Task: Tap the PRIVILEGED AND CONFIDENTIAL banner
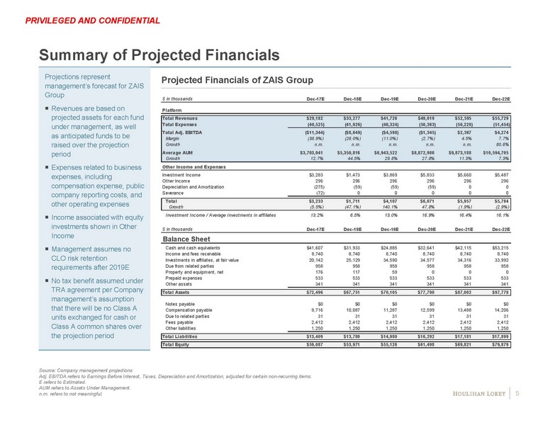92,21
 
